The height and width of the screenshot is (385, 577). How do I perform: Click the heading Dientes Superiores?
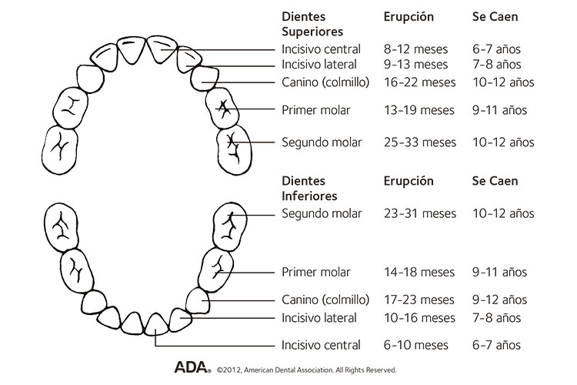tap(312, 24)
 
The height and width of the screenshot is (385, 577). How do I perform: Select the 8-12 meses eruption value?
tap(415, 49)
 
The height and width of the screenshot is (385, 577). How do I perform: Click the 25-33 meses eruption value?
tap(419, 142)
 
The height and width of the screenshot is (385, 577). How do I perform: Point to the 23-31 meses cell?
tap(419, 213)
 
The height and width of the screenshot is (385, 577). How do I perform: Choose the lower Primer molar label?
tap(316, 272)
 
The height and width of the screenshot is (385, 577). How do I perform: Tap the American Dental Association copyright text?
tap(306, 369)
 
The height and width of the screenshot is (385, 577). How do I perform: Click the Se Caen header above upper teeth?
tap(495, 16)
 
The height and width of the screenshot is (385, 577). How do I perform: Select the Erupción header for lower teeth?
tap(409, 181)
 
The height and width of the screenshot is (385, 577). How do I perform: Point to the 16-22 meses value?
tap(419, 82)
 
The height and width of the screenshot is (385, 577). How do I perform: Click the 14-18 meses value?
tap(419, 272)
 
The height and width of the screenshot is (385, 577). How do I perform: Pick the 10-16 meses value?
tap(419, 318)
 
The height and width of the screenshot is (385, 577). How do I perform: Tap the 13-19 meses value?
tap(419, 110)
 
